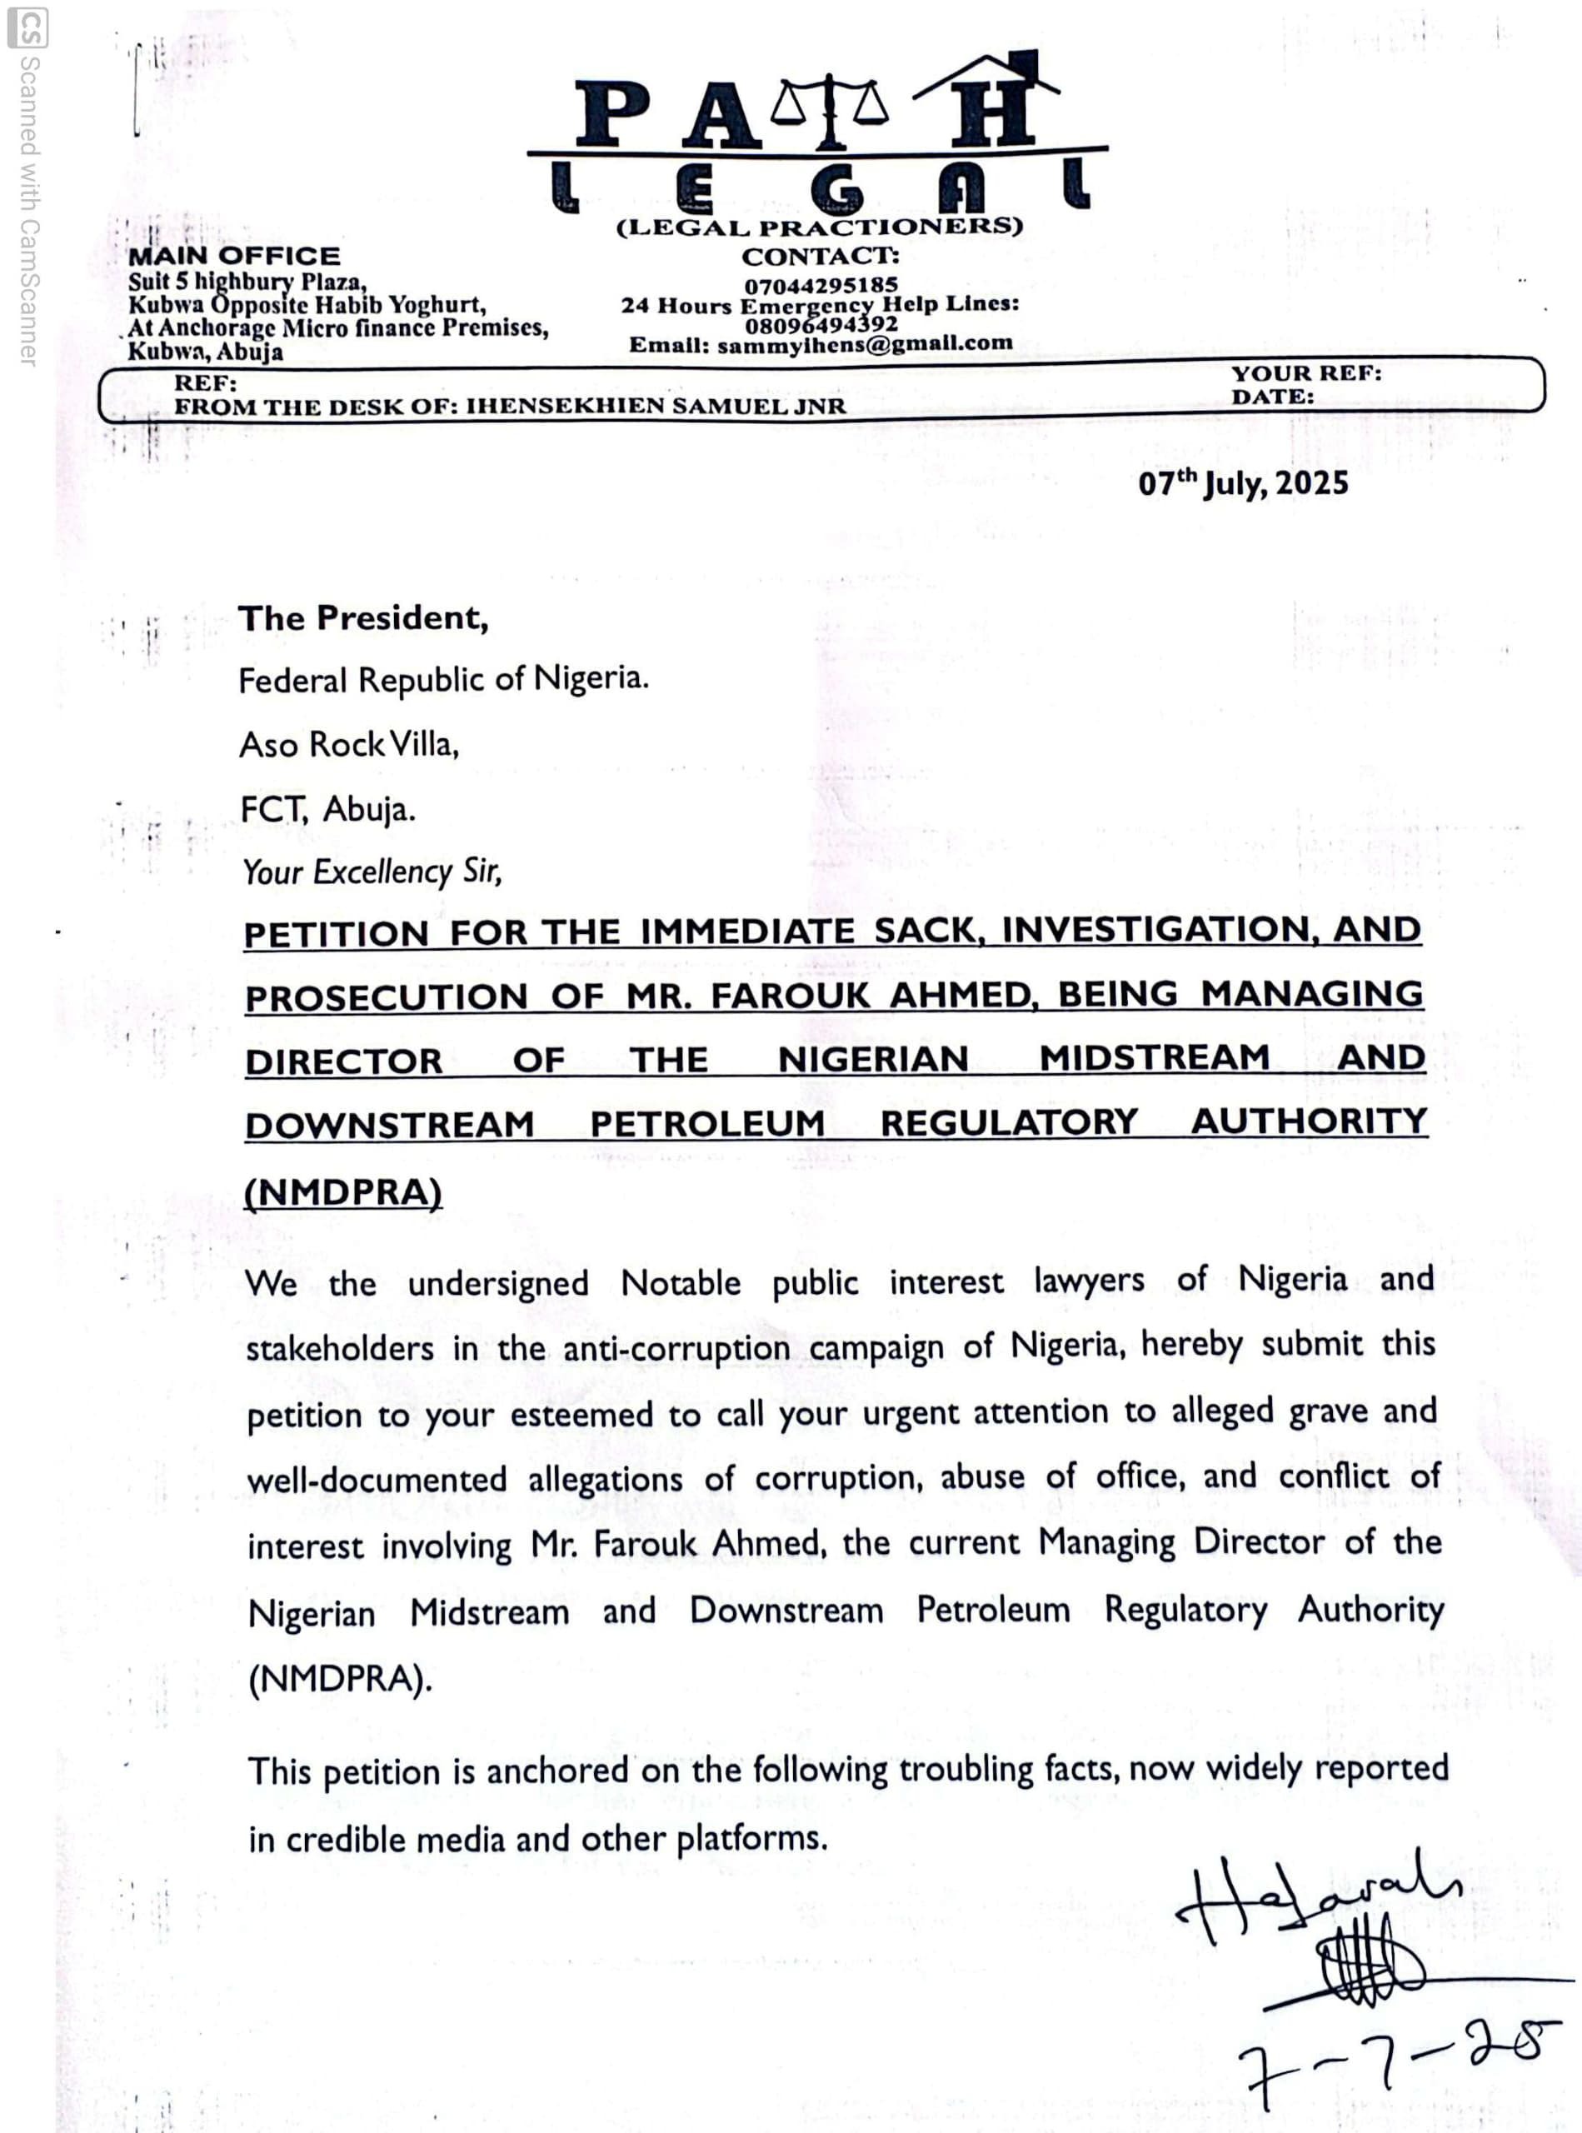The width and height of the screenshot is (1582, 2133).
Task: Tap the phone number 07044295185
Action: [x=821, y=284]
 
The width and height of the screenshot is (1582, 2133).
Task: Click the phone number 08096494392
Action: [x=821, y=325]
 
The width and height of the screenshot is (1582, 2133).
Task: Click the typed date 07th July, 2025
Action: [x=1242, y=482]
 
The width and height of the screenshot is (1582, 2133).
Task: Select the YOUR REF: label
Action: [x=1305, y=373]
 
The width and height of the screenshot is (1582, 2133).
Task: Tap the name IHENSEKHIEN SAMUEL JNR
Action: [x=655, y=406]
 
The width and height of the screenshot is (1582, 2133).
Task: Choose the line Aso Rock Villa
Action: [x=348, y=744]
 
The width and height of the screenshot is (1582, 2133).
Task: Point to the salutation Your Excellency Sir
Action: [x=372, y=872]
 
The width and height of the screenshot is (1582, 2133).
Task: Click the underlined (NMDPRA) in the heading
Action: [x=343, y=1192]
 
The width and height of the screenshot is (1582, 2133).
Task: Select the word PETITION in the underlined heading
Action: [x=336, y=934]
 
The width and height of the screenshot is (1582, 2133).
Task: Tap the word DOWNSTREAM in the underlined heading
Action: [x=389, y=1126]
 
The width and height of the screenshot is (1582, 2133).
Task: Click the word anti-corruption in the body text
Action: [x=676, y=1347]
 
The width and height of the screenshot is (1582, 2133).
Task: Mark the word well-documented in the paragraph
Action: [x=377, y=1480]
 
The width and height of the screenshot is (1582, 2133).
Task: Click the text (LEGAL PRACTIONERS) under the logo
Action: [x=819, y=227]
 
